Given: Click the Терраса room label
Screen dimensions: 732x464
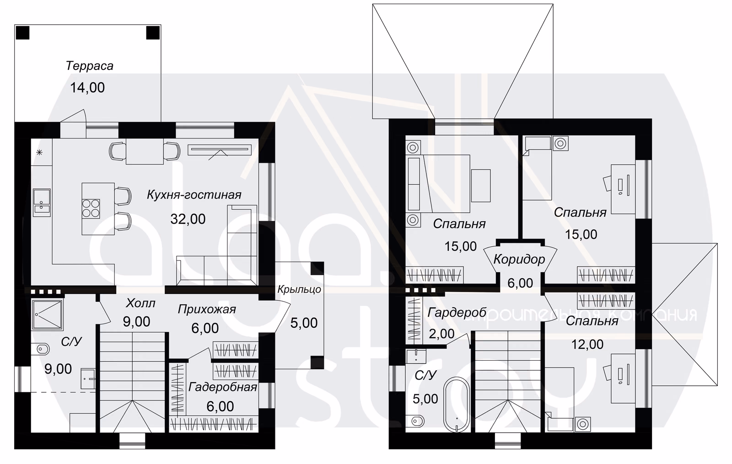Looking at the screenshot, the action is click(90, 66).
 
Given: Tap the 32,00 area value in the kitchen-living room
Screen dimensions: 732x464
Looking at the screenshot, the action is click(188, 219).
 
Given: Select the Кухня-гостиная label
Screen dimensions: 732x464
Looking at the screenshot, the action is click(194, 195).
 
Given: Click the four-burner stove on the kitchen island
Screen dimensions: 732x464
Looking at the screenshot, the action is click(91, 208).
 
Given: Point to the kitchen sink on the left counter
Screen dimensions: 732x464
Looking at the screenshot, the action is click(42, 203).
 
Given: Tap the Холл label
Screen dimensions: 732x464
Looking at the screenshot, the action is click(140, 304).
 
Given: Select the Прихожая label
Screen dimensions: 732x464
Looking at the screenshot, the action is click(207, 309).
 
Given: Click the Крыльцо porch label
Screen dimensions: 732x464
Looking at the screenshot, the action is click(299, 290).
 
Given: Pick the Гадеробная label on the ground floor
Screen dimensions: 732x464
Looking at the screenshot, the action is click(222, 387).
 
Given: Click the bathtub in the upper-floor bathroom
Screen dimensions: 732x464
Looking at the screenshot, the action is click(457, 405).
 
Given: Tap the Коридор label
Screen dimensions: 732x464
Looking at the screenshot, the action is click(519, 259).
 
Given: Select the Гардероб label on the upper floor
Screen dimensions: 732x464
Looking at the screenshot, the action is click(457, 313).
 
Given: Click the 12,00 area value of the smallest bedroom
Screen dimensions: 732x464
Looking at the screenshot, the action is click(587, 345).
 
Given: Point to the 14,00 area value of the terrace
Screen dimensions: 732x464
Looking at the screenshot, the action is click(87, 88).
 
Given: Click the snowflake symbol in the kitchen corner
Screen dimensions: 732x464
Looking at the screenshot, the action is click(39, 152).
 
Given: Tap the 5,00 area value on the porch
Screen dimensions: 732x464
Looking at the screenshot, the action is click(304, 323).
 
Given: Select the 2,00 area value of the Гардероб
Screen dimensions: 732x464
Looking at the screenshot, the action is click(441, 334).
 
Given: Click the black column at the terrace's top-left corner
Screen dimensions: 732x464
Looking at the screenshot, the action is click(22, 32).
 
